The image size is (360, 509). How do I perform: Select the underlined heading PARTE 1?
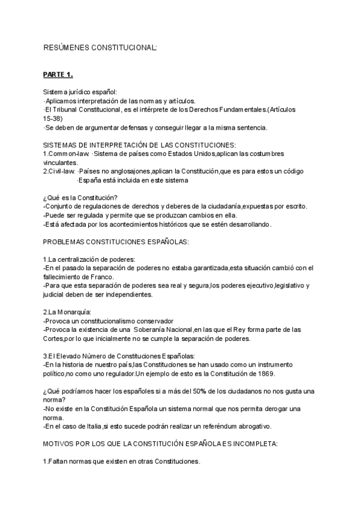click(x=58, y=74)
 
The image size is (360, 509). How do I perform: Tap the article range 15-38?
click(x=52, y=119)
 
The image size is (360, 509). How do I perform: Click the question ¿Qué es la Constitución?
click(x=80, y=198)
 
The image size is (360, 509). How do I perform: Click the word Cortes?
click(x=54, y=339)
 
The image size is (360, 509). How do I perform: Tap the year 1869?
click(x=264, y=373)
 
